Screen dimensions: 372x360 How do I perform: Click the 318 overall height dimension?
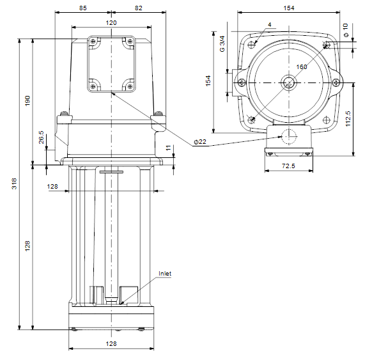[14, 184]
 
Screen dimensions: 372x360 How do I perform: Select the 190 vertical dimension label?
[27, 100]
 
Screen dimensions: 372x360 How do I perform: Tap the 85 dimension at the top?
[83, 8]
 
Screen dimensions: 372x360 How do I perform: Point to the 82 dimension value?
[139, 8]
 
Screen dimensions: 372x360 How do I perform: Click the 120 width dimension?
[111, 23]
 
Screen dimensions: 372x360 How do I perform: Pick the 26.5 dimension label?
[42, 137]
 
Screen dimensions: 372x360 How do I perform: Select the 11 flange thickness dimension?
[168, 148]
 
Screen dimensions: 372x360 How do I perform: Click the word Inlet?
[165, 274]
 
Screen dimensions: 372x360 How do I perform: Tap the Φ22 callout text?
[200, 142]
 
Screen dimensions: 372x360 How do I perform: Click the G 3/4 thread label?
[222, 44]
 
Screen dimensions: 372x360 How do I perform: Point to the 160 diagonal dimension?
[302, 67]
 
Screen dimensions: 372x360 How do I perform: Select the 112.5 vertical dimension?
[348, 119]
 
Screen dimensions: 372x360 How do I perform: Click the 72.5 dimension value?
[288, 166]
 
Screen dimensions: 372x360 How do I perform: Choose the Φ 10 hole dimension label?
[346, 30]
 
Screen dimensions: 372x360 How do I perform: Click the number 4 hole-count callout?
[270, 24]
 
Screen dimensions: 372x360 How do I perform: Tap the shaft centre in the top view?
[289, 83]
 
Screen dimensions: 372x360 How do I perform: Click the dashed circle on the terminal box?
[289, 137]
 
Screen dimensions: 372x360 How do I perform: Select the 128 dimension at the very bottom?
[111, 343]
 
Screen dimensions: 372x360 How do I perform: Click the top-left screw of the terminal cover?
[93, 42]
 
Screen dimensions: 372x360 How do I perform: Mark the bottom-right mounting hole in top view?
[327, 120]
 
